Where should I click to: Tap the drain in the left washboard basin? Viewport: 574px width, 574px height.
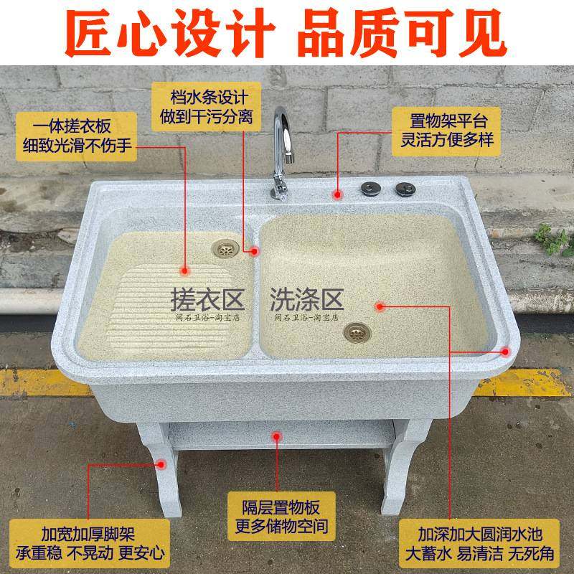point(225,248)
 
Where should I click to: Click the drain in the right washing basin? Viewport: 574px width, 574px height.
point(355,331)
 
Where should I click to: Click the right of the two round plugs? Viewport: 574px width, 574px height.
point(402,188)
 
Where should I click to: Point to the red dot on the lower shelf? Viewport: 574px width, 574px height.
point(278,435)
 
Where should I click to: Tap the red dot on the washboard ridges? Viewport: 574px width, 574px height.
point(186,271)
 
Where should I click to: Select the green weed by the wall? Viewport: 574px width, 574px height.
point(553,240)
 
